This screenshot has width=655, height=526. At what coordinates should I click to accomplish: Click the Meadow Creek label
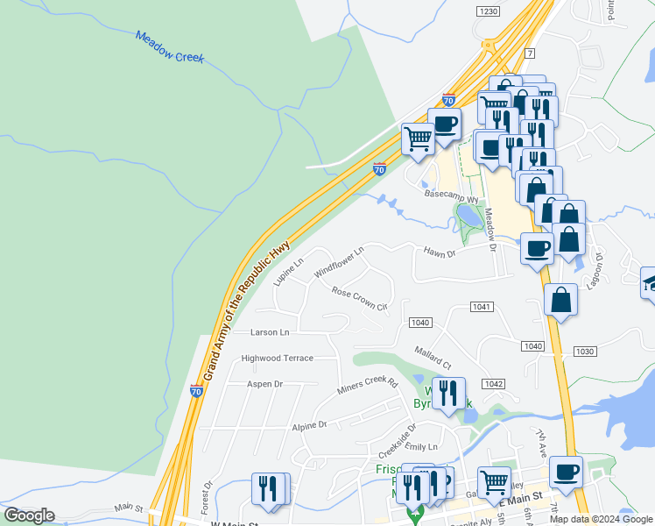point(170,47)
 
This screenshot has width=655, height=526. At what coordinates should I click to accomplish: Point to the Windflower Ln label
point(338,259)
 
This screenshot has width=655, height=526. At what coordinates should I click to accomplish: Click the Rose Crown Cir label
point(359,298)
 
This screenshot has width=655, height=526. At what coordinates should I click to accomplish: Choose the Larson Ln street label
point(269,332)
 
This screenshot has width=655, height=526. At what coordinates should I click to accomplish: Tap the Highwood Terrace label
point(277,358)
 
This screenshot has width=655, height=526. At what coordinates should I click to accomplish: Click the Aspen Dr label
point(264,384)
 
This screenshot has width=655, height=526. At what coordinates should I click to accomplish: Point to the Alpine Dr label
point(309,424)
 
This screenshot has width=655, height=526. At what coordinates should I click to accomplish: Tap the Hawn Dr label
point(440,253)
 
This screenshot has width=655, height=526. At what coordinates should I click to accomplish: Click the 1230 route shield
point(489,11)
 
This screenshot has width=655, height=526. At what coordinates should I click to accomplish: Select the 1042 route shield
point(493,384)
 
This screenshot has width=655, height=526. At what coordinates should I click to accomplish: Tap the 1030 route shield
point(585,351)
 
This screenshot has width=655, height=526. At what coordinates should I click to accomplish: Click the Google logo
point(29,515)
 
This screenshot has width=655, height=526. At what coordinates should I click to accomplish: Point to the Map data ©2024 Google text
point(602,519)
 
